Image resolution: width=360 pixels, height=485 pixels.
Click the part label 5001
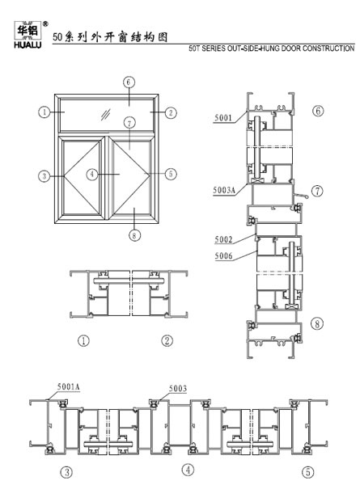pos(222,117)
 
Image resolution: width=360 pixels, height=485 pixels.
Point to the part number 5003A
pos(224,190)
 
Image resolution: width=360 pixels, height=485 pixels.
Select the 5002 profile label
pos(223,239)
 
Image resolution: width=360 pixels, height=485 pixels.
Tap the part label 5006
pos(223,255)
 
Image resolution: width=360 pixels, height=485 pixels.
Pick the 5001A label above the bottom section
pos(69,386)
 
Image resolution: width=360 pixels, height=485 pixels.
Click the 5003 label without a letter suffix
pos(178,388)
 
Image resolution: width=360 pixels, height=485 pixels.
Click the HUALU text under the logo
pos(28,45)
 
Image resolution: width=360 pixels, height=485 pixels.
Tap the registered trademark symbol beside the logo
pos(45,23)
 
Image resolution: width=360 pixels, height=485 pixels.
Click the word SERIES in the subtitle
pos(214,48)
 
